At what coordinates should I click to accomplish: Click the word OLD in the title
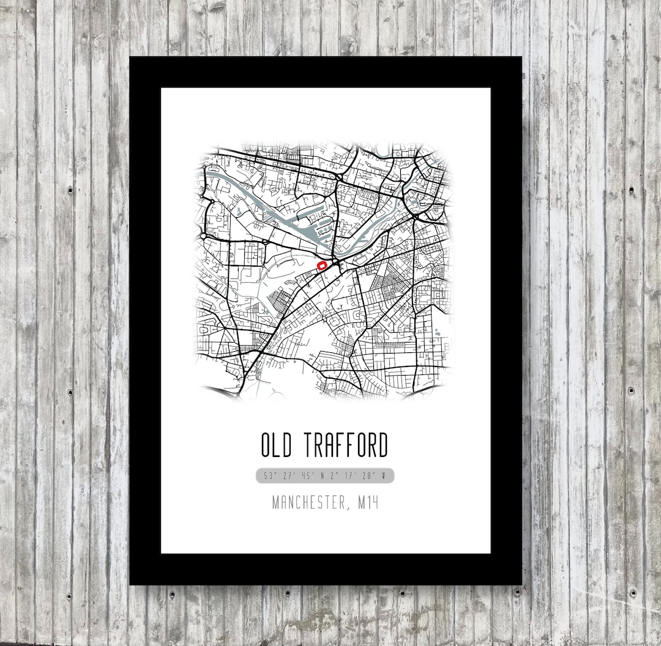tap(278, 445)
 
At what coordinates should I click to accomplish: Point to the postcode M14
tap(368, 503)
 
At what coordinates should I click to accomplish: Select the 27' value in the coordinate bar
tap(287, 475)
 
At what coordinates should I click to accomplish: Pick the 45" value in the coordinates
tap(307, 475)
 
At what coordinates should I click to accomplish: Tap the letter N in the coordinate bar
tap(322, 475)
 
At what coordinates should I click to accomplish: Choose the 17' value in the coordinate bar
tap(351, 475)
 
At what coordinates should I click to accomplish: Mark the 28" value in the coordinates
tap(369, 475)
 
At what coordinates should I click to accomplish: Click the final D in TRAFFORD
tap(383, 445)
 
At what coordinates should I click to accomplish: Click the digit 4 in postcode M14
tap(375, 503)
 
